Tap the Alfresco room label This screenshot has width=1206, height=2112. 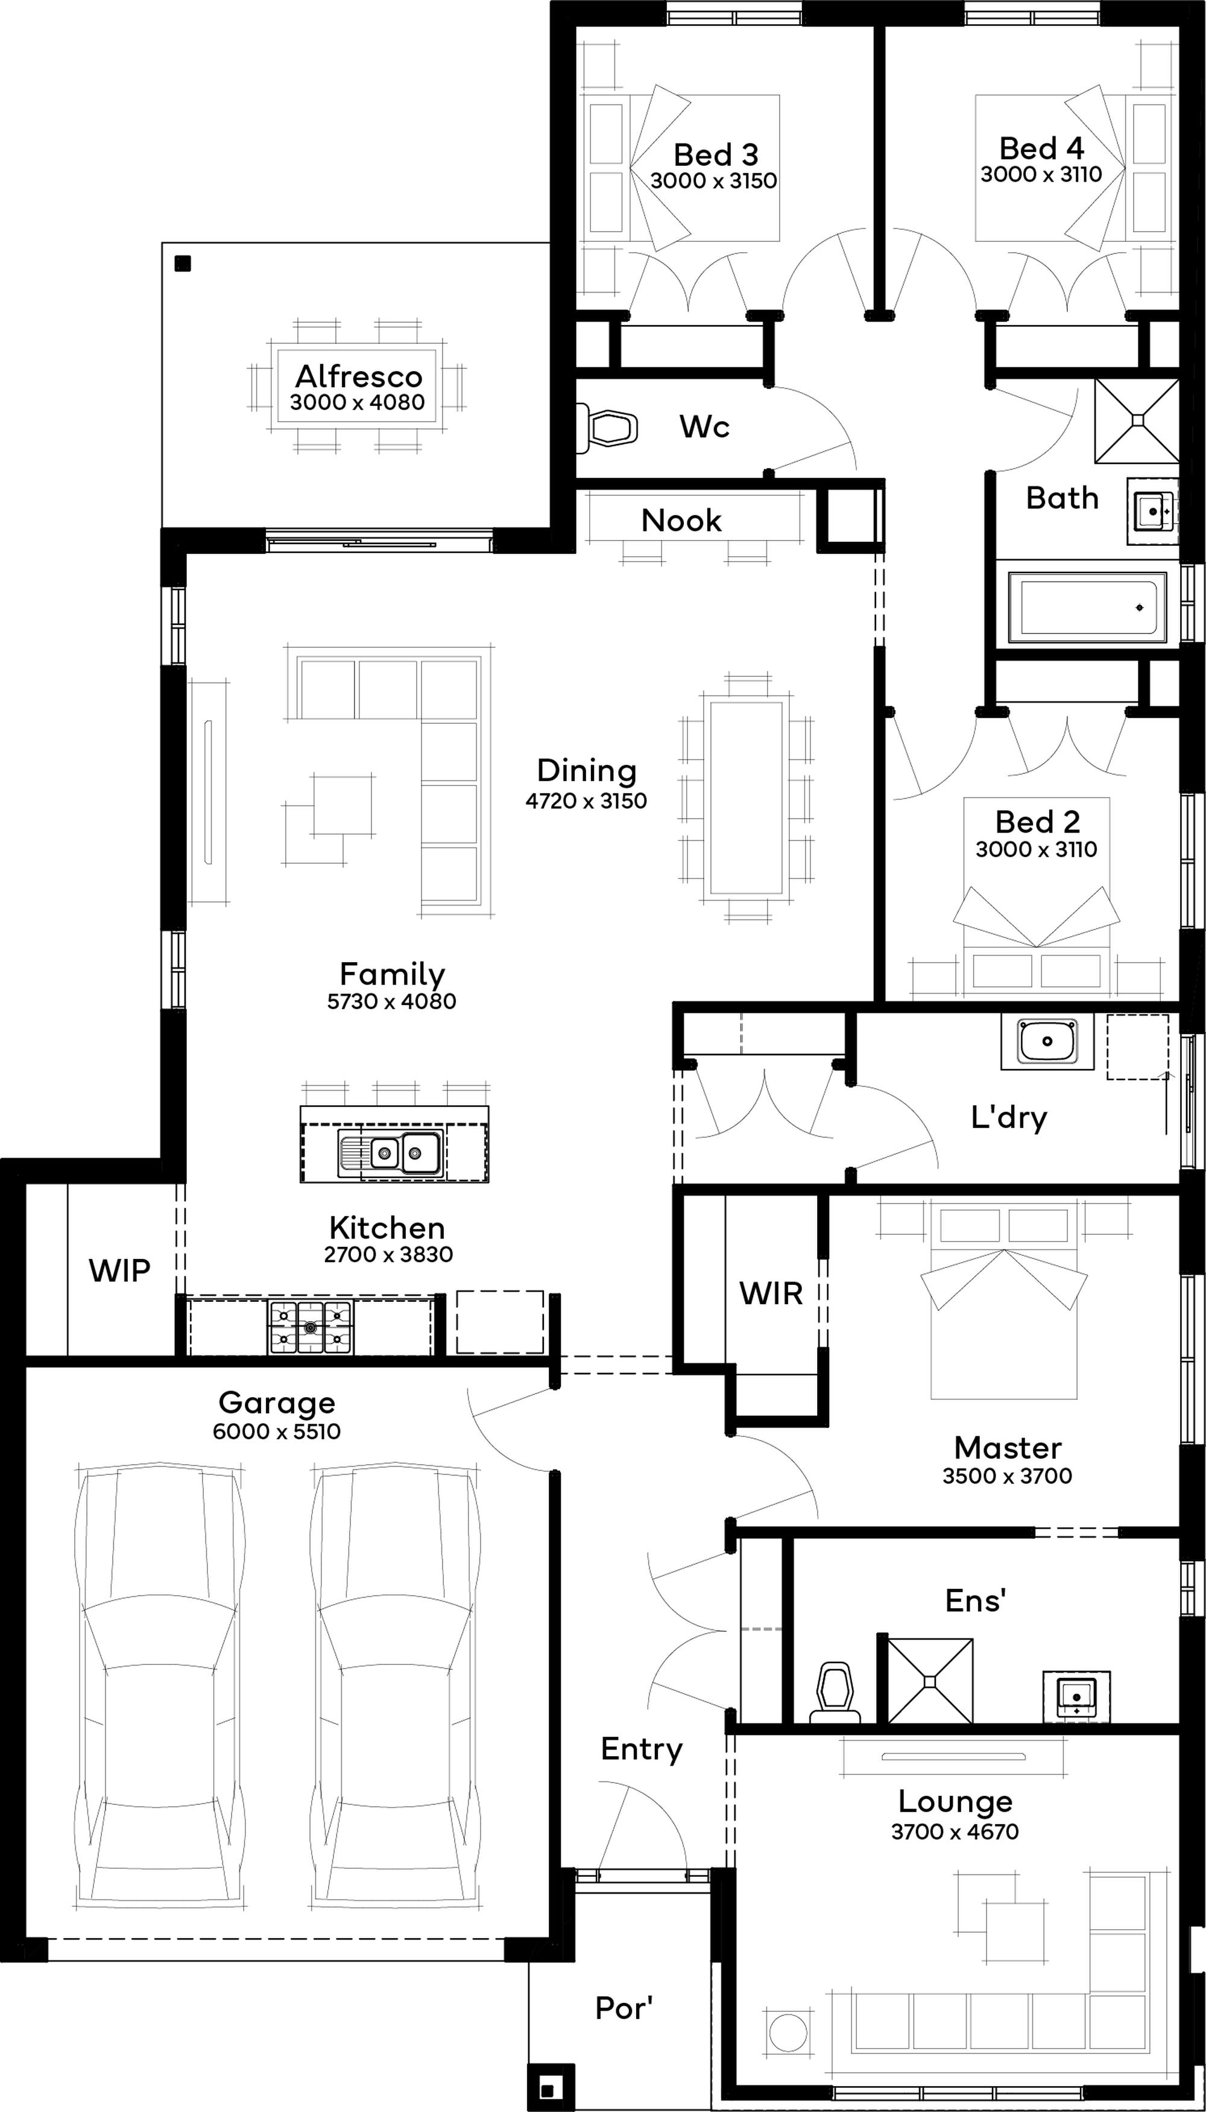359,377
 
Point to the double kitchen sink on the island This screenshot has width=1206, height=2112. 390,1152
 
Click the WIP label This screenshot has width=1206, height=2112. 119,1270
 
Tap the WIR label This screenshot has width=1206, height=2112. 771,1293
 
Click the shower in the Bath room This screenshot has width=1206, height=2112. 1137,421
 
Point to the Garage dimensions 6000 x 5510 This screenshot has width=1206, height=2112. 277,1431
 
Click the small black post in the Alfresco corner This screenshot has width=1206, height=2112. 183,264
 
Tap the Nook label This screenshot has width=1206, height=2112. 681,521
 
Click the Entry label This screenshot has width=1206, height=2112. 642,1748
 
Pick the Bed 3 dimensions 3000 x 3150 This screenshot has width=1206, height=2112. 714,180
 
